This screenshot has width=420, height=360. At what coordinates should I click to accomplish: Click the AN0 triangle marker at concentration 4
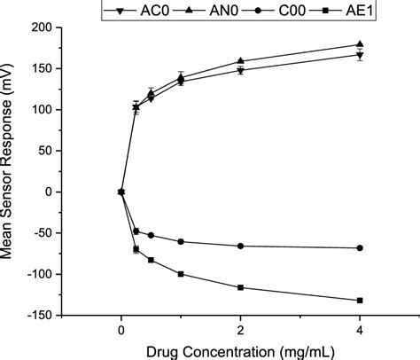360,44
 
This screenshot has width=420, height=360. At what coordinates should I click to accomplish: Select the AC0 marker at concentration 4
360,56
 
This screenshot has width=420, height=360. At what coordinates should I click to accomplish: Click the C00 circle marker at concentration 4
360,247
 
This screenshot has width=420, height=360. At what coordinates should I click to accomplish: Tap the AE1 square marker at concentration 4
360,301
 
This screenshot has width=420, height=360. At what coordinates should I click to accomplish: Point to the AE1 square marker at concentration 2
240,287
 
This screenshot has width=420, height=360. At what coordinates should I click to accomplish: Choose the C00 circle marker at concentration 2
240,246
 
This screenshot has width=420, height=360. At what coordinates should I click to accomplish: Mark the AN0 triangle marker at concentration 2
240,61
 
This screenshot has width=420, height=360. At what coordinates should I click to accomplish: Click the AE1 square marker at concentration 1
181,274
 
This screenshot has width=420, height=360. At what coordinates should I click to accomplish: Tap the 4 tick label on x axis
360,328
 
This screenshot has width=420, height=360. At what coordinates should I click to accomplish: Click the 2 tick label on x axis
240,328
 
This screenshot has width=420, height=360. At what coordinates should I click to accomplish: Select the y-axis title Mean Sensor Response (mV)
12,171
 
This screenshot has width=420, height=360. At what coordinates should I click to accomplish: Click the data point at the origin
121,192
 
